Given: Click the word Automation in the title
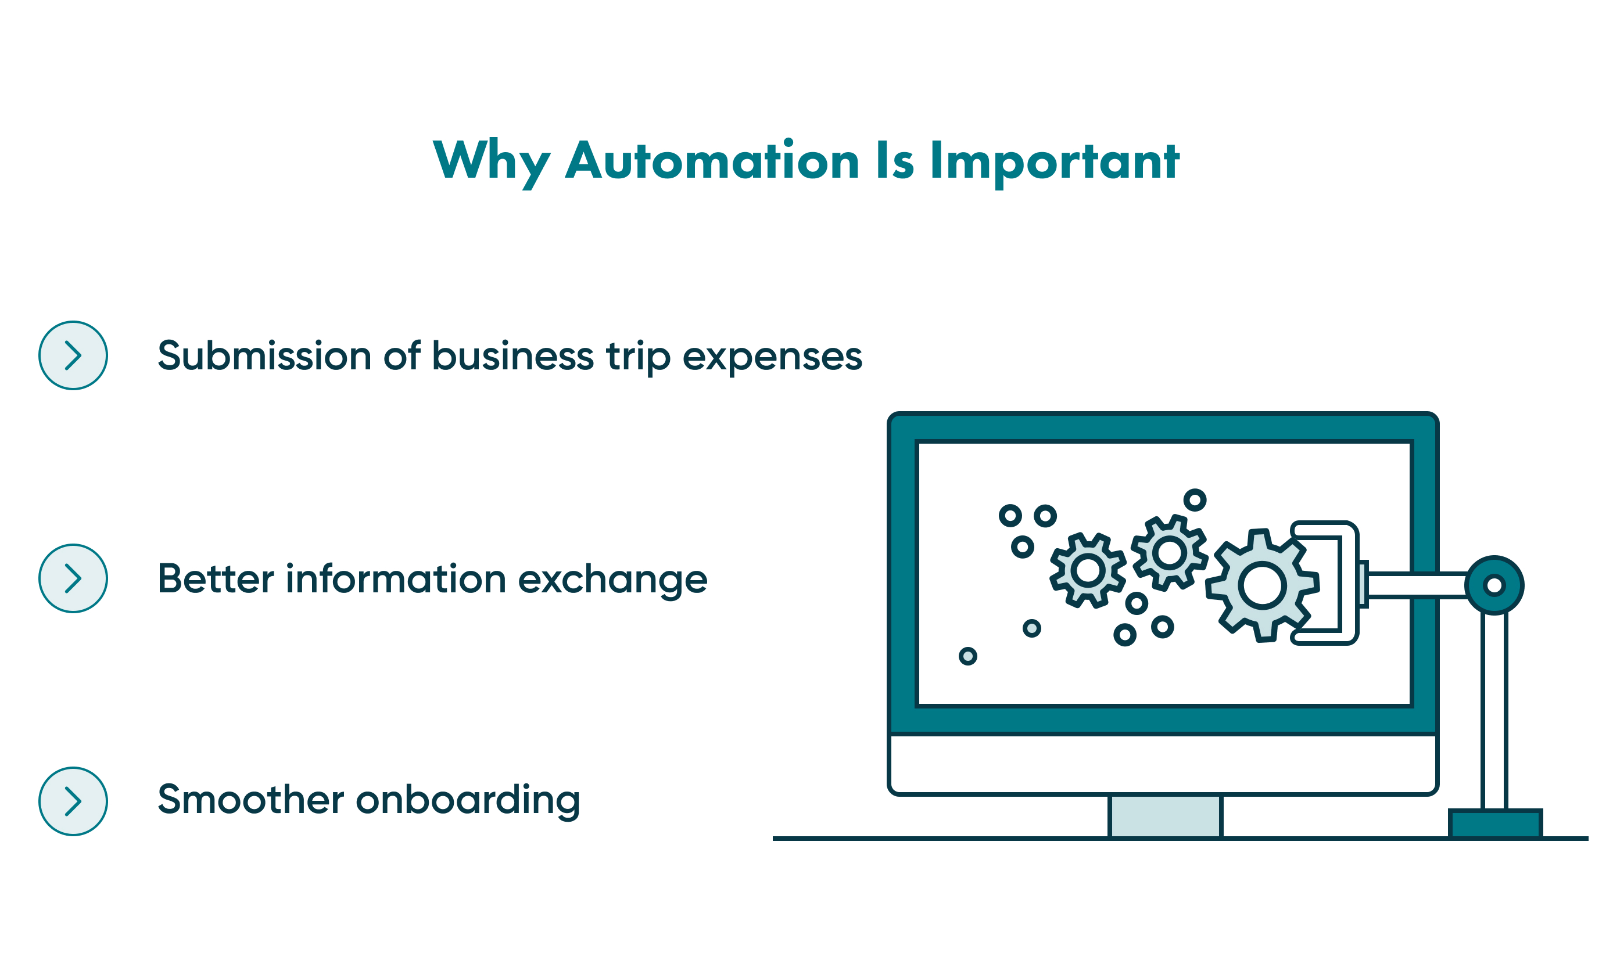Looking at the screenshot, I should tap(712, 160).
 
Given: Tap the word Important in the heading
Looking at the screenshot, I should tap(1054, 160).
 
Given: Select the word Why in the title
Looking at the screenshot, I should tap(490, 160).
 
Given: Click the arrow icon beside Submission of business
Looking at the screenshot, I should tap(73, 355).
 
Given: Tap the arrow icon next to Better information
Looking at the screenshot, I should tap(73, 578).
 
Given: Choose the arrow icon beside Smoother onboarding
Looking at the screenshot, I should tap(73, 801).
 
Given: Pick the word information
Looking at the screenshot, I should tap(396, 578).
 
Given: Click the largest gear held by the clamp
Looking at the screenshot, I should tap(1262, 585).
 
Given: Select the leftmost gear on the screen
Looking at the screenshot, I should tap(1088, 570).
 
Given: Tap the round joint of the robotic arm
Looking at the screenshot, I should tap(1494, 585).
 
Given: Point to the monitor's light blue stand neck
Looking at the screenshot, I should tap(1165, 816).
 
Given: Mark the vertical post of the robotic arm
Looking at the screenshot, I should tap(1494, 711).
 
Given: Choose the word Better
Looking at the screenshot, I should tap(216, 578).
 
